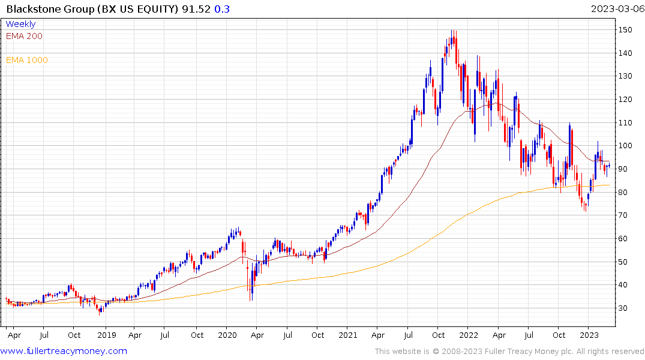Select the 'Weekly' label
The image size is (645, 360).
[20, 24]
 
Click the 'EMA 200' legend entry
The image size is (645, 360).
[24, 36]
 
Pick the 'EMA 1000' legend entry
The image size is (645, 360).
[27, 60]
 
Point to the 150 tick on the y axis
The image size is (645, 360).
[626, 30]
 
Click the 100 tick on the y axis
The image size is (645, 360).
[626, 146]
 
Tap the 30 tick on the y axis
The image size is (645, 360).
[624, 308]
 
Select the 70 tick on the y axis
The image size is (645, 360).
[624, 215]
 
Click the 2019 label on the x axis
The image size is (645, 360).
[107, 335]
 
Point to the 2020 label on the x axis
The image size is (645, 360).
[227, 335]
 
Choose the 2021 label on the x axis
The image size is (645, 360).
[348, 335]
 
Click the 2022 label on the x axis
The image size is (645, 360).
[469, 335]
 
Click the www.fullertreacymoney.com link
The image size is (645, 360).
[64, 351]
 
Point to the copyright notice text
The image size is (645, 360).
[509, 351]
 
